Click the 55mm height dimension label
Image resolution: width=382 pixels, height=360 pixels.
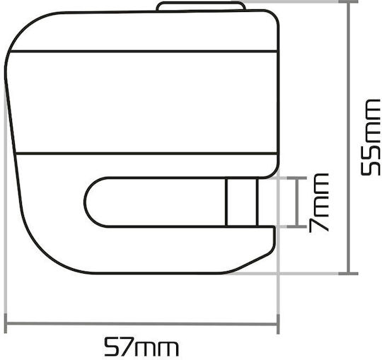(x=370, y=137)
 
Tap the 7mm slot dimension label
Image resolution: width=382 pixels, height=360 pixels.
(x=319, y=203)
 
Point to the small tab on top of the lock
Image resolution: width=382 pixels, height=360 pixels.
(x=200, y=6)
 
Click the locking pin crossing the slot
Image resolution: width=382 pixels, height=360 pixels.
(x=241, y=202)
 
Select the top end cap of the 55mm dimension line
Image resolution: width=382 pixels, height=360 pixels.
(x=349, y=1)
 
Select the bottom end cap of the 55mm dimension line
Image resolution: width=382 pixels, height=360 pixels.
(x=349, y=274)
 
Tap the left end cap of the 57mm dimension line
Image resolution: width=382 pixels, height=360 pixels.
(x=6, y=324)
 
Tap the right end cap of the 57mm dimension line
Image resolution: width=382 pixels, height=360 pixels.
(x=278, y=324)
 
